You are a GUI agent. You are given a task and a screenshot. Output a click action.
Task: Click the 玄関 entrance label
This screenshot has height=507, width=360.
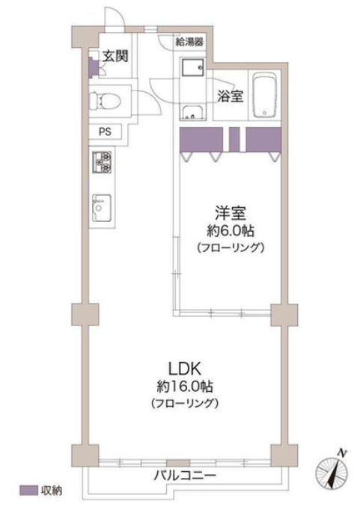[x=115, y=55]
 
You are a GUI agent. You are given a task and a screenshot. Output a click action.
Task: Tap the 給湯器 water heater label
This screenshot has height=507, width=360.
[x=190, y=41]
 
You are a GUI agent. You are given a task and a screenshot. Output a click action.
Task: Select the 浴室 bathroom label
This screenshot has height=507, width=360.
[x=229, y=96]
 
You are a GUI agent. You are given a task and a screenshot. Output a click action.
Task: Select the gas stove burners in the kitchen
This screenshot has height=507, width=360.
[x=102, y=164]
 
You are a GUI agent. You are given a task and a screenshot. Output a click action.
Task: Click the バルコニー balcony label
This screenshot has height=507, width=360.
[x=186, y=476]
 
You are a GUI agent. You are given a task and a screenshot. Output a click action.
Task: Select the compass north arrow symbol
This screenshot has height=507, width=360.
[x=332, y=470]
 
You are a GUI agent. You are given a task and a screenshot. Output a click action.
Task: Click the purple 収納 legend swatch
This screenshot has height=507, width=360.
[x=28, y=491]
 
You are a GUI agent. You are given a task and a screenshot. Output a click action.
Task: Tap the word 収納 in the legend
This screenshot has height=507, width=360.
[x=51, y=491]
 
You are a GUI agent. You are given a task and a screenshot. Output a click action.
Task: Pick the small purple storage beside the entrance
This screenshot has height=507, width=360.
[x=93, y=67]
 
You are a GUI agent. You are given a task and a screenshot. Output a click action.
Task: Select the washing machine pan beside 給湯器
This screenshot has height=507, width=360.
[x=192, y=68]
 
